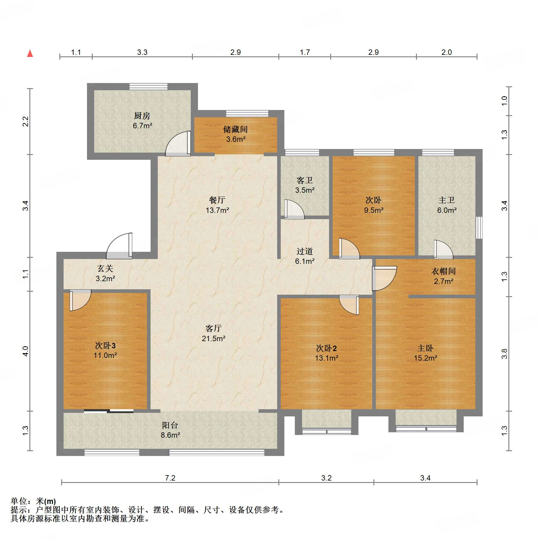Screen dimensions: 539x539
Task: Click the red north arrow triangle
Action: (x=30, y=54)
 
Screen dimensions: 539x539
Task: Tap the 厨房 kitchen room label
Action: (x=142, y=116)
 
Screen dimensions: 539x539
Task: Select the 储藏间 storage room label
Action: (x=235, y=130)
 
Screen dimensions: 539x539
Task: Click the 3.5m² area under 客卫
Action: (x=305, y=190)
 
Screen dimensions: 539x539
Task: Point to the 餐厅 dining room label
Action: (x=217, y=200)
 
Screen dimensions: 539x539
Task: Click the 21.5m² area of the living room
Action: (x=214, y=338)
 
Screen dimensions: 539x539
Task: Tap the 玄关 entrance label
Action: (x=105, y=269)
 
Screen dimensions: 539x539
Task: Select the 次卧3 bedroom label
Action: (x=105, y=346)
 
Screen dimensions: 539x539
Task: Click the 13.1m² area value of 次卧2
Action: (x=327, y=358)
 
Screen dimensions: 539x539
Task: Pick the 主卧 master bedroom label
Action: (x=425, y=348)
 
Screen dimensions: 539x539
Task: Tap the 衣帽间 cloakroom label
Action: (x=444, y=271)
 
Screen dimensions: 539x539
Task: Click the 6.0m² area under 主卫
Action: (x=447, y=210)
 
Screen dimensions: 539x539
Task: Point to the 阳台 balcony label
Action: (x=170, y=425)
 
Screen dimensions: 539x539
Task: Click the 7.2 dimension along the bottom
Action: (x=170, y=478)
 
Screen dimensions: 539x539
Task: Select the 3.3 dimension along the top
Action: (x=142, y=52)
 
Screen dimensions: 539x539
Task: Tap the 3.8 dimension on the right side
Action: (x=505, y=354)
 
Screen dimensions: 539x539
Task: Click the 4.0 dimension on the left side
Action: (x=25, y=351)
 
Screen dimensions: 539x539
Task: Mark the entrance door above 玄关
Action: (x=119, y=246)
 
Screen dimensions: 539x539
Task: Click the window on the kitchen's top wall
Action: (x=148, y=87)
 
